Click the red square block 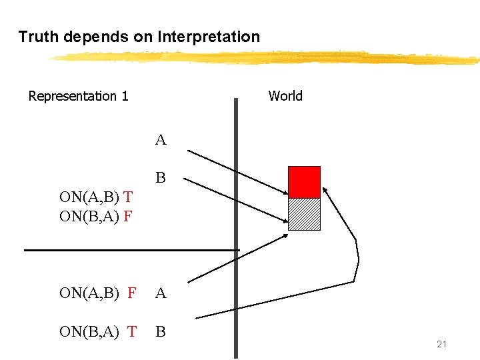click(x=304, y=182)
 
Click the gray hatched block click(x=304, y=214)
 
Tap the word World click(x=285, y=96)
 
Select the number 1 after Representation click(x=125, y=96)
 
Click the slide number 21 click(x=441, y=344)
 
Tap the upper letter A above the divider click(x=161, y=140)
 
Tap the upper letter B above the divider click(x=161, y=178)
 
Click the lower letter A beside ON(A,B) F click(x=161, y=293)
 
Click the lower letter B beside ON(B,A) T click(x=161, y=331)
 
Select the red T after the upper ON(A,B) click(x=128, y=197)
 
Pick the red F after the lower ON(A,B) click(x=131, y=293)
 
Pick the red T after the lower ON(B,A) click(x=131, y=331)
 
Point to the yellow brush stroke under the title click(x=267, y=58)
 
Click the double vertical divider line click(x=236, y=227)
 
